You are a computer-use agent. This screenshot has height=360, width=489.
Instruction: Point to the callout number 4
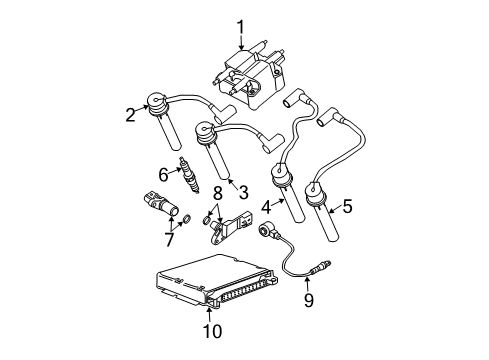point(266,208)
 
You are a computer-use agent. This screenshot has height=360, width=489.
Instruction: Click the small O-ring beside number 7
point(184,218)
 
